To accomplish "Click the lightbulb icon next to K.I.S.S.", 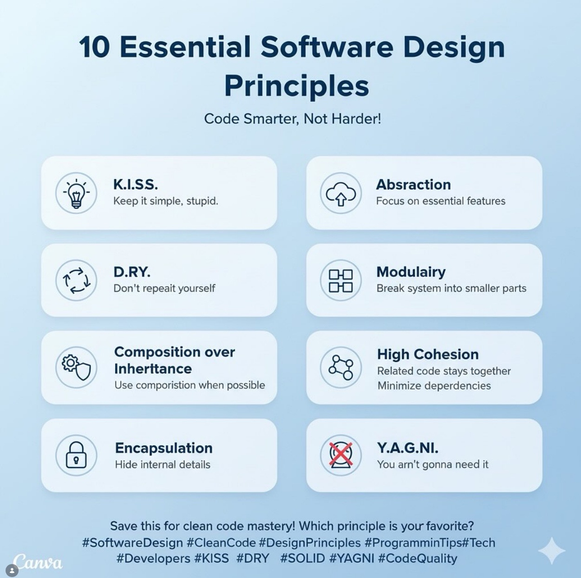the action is point(76,193).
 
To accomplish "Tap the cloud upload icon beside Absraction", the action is point(341,194).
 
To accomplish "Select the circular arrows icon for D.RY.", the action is point(76,280).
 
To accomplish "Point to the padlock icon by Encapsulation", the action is point(76,455).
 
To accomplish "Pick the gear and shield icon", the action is point(76,368).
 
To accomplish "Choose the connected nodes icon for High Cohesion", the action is point(341,368).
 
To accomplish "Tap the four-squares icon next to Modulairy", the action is point(341,281).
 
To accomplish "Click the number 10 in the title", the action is point(94,47).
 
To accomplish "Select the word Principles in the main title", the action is point(297,85).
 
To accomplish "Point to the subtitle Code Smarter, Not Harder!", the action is point(293,118).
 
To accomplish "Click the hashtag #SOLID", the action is point(302,559).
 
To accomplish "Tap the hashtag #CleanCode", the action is point(222,543).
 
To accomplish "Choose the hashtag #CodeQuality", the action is point(418,559).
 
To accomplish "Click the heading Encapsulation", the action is point(164,448).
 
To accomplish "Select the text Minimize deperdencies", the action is point(434,386).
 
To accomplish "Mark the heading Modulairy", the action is point(411,272).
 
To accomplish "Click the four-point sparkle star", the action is point(551,551).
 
